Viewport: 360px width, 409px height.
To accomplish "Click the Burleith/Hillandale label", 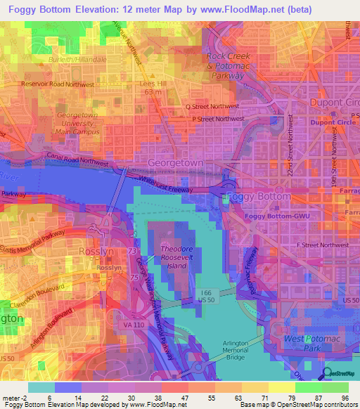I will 77,60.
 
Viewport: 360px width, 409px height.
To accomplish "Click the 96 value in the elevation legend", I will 345,398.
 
